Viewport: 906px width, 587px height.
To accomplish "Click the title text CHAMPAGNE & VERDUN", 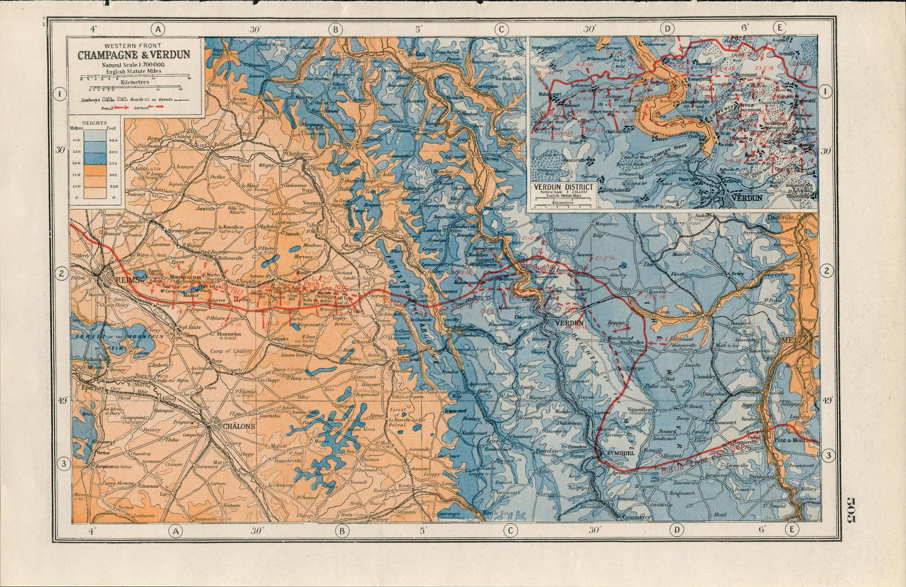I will [134, 56].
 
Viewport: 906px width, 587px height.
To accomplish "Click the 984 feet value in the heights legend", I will [113, 139].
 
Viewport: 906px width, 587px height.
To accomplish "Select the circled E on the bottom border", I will [791, 530].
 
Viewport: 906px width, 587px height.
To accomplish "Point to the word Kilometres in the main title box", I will [135, 82].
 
